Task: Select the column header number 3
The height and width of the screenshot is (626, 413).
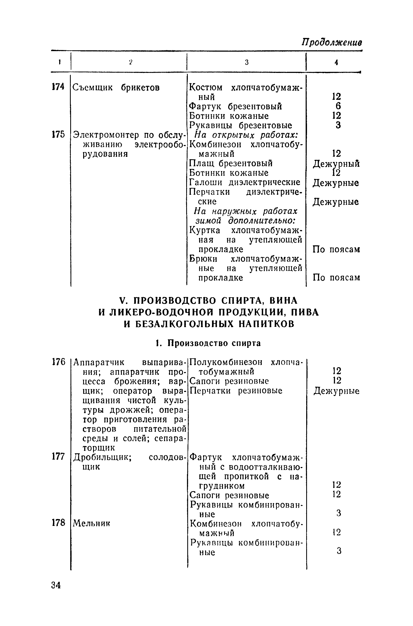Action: click(x=246, y=62)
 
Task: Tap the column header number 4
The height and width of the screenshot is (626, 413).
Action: click(x=336, y=63)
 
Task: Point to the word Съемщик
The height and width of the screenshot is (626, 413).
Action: click(x=93, y=88)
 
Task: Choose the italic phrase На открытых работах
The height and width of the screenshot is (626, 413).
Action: click(x=245, y=135)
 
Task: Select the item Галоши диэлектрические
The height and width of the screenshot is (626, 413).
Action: click(x=245, y=182)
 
